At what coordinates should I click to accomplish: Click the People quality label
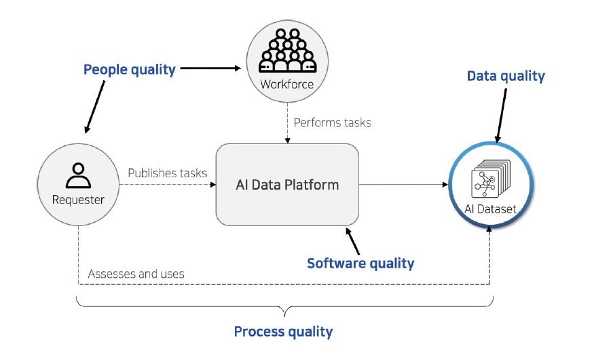click(x=130, y=70)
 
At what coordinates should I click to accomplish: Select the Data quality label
click(x=506, y=76)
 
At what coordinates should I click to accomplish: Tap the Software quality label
click(x=360, y=264)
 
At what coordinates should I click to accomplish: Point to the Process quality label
click(x=284, y=331)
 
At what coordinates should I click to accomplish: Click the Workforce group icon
click(x=288, y=51)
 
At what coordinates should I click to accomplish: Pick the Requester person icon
click(x=78, y=176)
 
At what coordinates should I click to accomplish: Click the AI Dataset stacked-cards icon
click(x=491, y=179)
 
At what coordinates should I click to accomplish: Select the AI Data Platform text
click(x=287, y=185)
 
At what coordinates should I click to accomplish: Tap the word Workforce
click(x=287, y=84)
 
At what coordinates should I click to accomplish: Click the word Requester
click(x=78, y=200)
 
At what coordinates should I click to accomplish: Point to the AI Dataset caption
click(x=490, y=209)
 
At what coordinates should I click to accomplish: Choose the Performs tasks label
click(x=332, y=123)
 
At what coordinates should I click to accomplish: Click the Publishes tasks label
click(x=167, y=173)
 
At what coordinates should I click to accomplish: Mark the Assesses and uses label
click(x=136, y=274)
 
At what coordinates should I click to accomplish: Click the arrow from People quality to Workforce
click(x=210, y=69)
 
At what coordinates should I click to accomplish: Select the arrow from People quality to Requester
click(x=95, y=107)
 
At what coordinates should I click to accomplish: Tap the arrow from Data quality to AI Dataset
click(x=501, y=115)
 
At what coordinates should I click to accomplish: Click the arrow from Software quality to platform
click(x=352, y=241)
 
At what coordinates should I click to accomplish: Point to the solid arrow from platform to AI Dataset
click(x=403, y=185)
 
